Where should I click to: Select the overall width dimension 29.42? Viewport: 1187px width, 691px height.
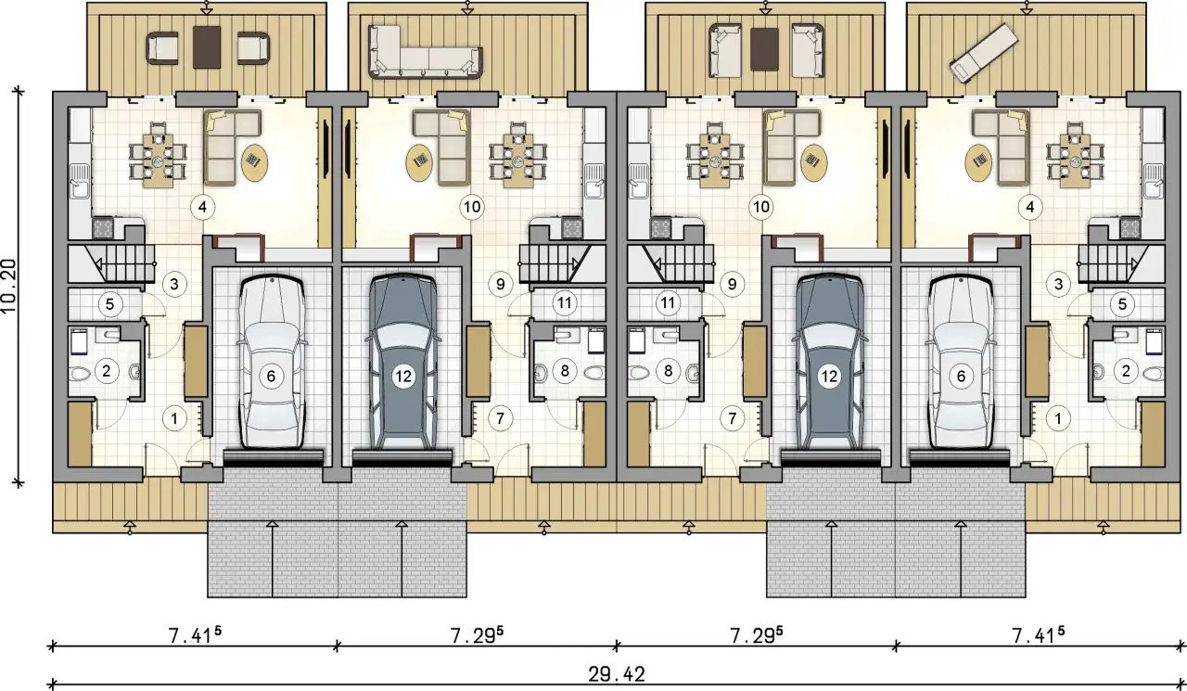[617, 674]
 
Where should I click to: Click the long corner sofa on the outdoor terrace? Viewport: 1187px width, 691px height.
[426, 51]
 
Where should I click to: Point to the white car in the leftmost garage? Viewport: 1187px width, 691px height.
[272, 363]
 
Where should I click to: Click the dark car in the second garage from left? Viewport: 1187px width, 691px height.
[403, 362]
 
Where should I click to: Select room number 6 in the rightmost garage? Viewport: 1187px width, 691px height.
[961, 377]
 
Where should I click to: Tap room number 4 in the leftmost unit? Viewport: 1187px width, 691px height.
[202, 207]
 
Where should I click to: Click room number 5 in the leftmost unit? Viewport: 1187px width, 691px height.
[109, 304]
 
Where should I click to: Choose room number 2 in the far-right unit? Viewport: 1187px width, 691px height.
[1126, 371]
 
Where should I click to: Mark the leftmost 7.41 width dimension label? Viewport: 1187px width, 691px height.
[195, 634]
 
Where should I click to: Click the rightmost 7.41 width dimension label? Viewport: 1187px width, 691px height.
[1039, 634]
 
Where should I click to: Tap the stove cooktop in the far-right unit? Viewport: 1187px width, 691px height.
[1130, 228]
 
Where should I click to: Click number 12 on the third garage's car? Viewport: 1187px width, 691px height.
[829, 377]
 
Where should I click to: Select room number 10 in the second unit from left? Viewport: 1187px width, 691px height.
[472, 207]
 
